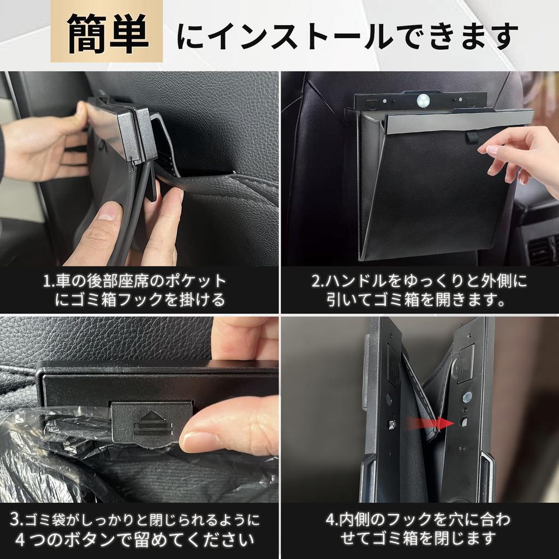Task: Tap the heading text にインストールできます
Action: [x=347, y=37]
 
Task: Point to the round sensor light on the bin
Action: [x=423, y=100]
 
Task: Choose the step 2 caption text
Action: [x=419, y=290]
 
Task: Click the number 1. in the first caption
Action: [x=49, y=282]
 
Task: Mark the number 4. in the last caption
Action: [x=332, y=519]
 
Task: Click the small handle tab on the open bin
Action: [x=472, y=136]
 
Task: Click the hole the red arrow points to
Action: [x=463, y=422]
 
